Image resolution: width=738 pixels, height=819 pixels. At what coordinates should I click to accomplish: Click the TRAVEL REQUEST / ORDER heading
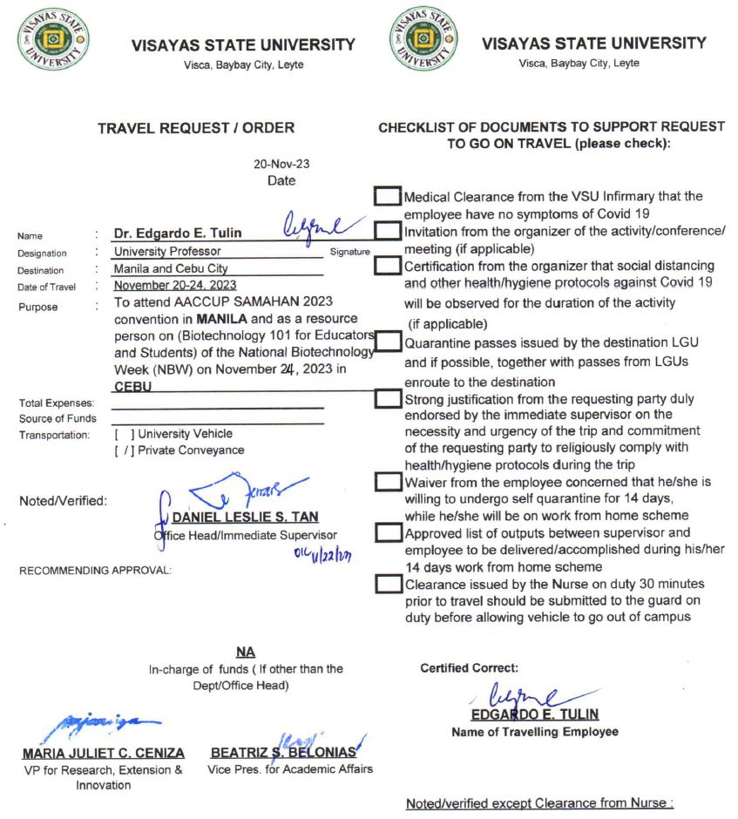(x=195, y=127)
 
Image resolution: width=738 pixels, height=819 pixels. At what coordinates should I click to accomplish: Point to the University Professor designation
(x=167, y=253)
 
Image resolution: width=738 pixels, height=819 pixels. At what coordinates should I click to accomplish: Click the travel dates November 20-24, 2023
(x=174, y=286)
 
